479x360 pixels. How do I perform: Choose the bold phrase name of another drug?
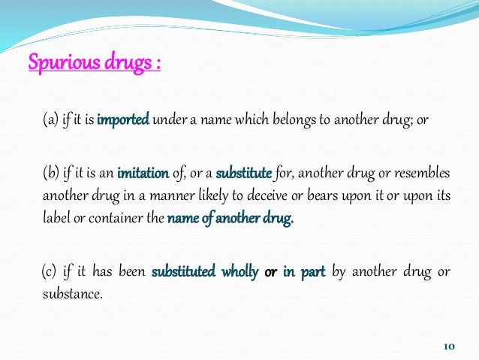pyautogui.click(x=229, y=219)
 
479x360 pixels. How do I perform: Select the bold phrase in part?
pyautogui.click(x=303, y=272)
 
